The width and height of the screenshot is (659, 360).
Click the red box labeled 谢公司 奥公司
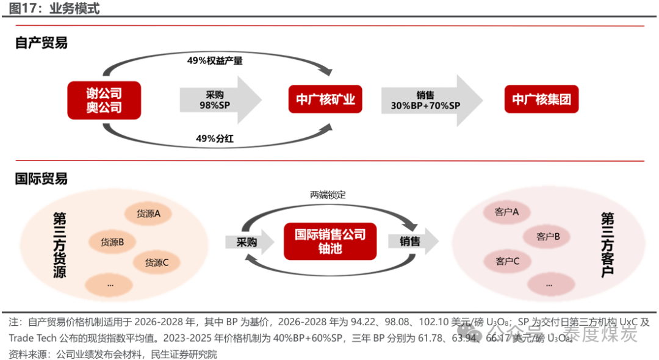click(104, 100)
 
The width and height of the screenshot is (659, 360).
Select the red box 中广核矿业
click(325, 99)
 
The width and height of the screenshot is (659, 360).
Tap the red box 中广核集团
click(541, 99)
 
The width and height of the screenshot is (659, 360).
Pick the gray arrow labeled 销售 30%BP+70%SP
click(431, 100)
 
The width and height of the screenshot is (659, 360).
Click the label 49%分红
click(215, 139)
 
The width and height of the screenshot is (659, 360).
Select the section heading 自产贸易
click(41, 43)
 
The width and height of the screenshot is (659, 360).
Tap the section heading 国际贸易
click(41, 179)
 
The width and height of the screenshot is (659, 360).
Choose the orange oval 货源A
click(148, 214)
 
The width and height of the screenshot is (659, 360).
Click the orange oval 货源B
click(112, 242)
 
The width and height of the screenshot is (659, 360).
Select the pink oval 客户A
click(507, 212)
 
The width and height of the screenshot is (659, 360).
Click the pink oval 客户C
click(507, 261)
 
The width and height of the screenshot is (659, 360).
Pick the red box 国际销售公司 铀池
click(330, 241)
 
